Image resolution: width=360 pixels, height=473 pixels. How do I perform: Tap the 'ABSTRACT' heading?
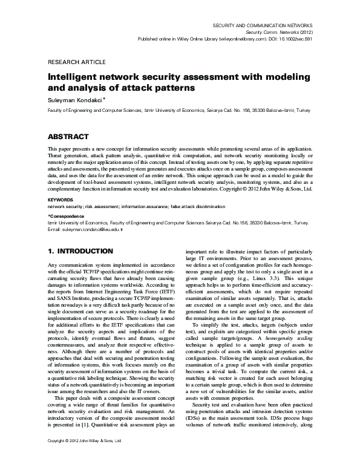(68, 137)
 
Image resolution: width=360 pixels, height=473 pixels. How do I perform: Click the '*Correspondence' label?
(67, 215)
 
